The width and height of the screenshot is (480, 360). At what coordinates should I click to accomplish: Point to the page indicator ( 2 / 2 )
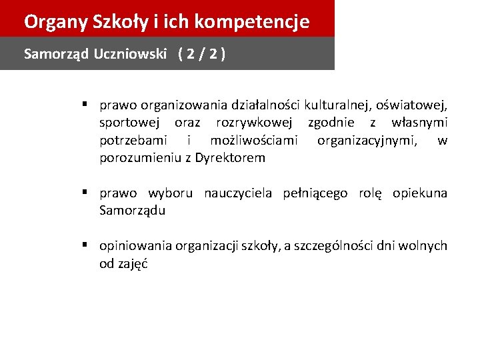pyautogui.click(x=201, y=54)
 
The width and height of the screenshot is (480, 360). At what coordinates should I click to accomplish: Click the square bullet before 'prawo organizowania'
pyautogui.click(x=87, y=104)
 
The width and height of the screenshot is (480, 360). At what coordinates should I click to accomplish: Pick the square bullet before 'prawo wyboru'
pyautogui.click(x=87, y=193)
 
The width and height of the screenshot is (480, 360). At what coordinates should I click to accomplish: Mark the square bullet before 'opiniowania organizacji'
pyautogui.click(x=87, y=245)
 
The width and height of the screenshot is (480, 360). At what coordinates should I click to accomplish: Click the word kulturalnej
pyautogui.click(x=338, y=105)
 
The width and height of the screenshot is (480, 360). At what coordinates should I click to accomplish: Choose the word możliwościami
pyautogui.click(x=253, y=141)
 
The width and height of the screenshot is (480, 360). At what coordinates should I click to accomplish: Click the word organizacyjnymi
pyautogui.click(x=369, y=141)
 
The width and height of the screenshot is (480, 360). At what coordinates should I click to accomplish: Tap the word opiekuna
pyautogui.click(x=420, y=193)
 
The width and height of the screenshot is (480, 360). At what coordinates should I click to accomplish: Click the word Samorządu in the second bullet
pyautogui.click(x=132, y=211)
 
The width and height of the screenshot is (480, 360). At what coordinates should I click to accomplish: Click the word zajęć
pyautogui.click(x=131, y=264)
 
